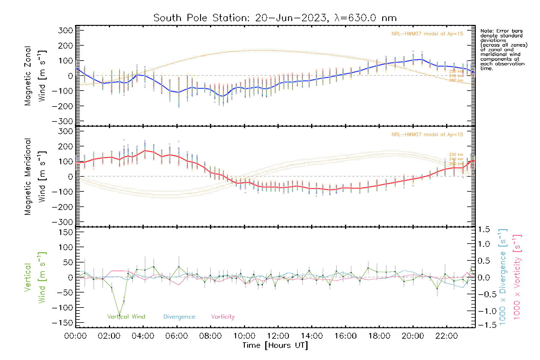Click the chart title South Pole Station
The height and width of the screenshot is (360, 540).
point(275,18)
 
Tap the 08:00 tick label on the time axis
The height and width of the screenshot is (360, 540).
point(210,336)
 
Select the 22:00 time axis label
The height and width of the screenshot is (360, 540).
point(446,336)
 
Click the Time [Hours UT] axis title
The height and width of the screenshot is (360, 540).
point(275,345)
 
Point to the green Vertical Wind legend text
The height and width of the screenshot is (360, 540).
point(126,317)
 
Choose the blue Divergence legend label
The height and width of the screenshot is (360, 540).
point(179,317)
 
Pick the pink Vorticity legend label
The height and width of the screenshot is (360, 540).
point(223,317)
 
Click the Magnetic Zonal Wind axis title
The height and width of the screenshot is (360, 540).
point(35,76)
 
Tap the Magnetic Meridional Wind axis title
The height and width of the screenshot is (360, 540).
point(35,176)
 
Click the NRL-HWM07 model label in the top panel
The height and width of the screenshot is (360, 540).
point(427,34)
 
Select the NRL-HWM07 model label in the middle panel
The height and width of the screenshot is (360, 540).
point(427,135)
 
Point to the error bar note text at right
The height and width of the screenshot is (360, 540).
point(503,49)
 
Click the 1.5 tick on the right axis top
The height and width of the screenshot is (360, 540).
point(484,229)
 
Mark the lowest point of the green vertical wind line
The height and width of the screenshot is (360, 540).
point(119,315)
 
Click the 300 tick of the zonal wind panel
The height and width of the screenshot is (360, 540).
point(66,30)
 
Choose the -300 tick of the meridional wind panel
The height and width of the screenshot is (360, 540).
point(63,222)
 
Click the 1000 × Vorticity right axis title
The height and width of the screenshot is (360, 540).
point(517,277)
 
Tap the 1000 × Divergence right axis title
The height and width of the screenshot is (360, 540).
point(503,277)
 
